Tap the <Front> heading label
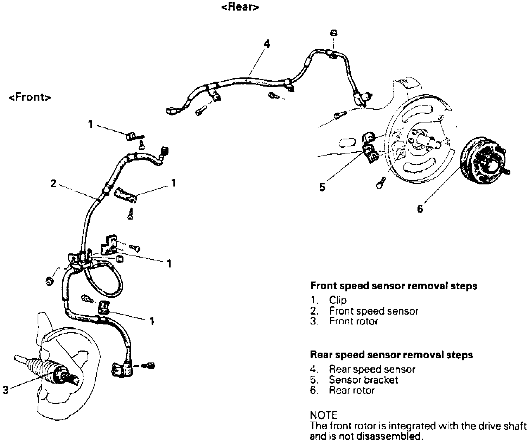tap(30, 97)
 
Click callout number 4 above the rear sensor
tap(267, 44)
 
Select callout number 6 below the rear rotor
tap(420, 209)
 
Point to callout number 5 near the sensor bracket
tap(322, 187)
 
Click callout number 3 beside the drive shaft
tap(6, 390)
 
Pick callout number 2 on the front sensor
tap(53, 183)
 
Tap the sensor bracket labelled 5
tap(369, 148)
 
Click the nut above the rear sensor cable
tap(333, 33)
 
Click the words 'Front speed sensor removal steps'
tap(394, 286)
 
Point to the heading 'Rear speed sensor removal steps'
tap(391, 355)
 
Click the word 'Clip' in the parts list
tap(338, 300)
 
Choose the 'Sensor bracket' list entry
tap(363, 380)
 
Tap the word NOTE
tap(323, 415)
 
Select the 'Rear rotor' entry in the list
tap(352, 390)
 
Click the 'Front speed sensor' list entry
tap(374, 311)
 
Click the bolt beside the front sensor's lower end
tap(148, 366)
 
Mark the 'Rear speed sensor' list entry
tap(372, 370)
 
